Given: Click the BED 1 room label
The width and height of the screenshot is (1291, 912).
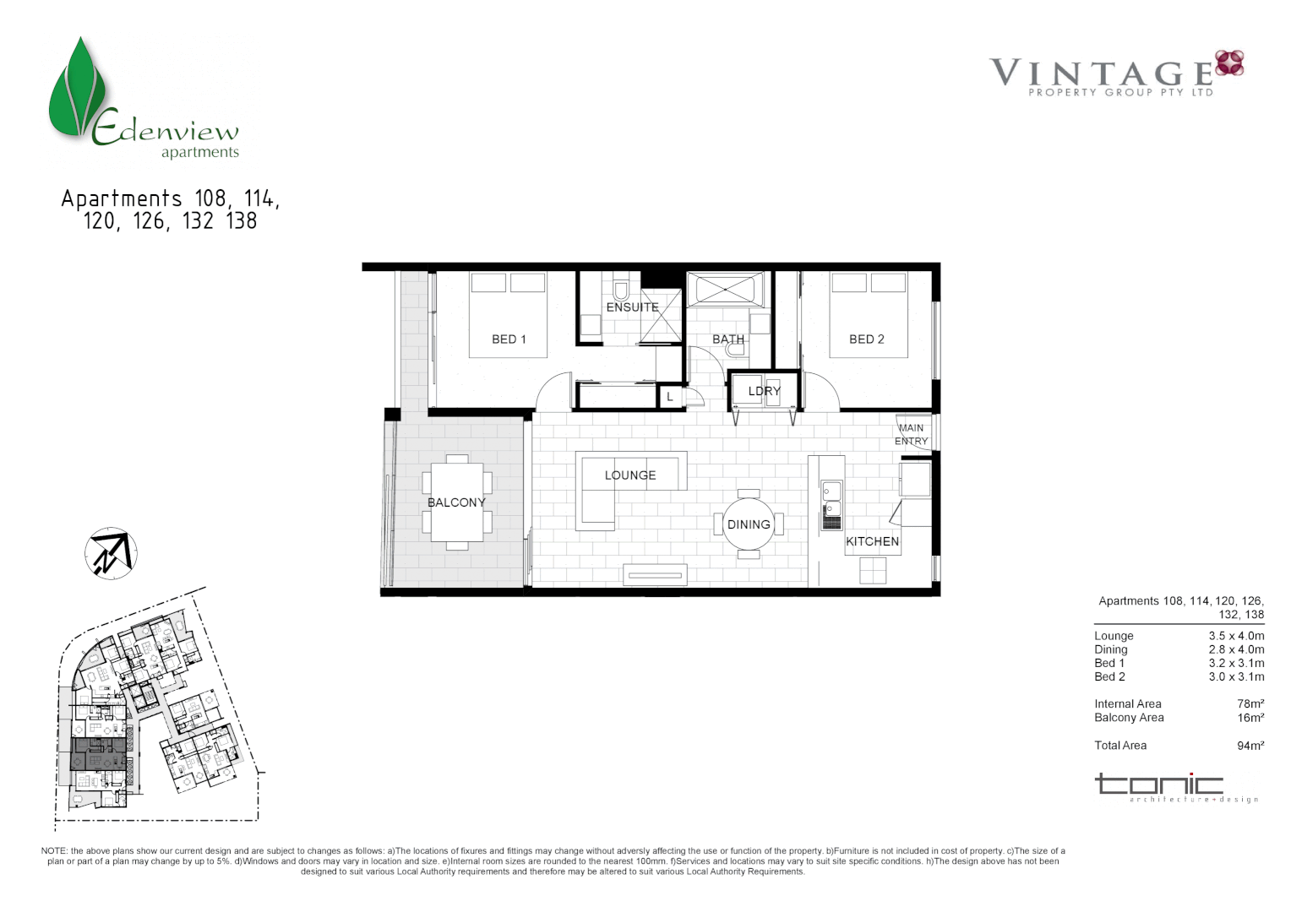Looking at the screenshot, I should click(x=509, y=339).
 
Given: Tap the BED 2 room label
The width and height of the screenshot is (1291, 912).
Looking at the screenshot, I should click(x=866, y=339).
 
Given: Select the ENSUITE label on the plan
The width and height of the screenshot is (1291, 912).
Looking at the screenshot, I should click(x=632, y=307).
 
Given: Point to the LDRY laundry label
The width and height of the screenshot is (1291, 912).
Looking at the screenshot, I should click(x=764, y=391).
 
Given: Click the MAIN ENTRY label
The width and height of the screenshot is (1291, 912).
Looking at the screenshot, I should click(x=911, y=435).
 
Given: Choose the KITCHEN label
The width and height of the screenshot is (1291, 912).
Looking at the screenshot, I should click(x=872, y=541).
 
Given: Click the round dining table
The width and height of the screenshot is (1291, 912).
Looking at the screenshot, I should click(x=749, y=524).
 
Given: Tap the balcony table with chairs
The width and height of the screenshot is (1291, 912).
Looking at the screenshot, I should click(x=457, y=502).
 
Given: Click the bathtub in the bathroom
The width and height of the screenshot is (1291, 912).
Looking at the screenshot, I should click(x=725, y=289).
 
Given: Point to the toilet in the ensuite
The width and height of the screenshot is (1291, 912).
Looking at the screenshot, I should click(x=621, y=289).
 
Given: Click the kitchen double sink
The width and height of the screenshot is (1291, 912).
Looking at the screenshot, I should click(x=831, y=498).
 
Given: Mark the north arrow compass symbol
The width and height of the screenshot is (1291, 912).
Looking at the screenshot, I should click(x=111, y=554).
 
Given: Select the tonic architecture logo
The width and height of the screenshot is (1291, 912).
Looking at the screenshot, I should click(x=1174, y=788).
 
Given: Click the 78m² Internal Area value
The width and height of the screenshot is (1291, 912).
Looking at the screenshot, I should click(x=1250, y=704).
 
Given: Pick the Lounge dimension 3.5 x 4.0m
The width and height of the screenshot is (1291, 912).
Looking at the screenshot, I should click(x=1235, y=636).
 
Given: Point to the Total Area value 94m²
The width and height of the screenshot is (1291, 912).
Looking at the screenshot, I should click(x=1250, y=746).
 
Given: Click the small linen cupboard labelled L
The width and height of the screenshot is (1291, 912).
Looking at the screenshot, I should click(x=670, y=396).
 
